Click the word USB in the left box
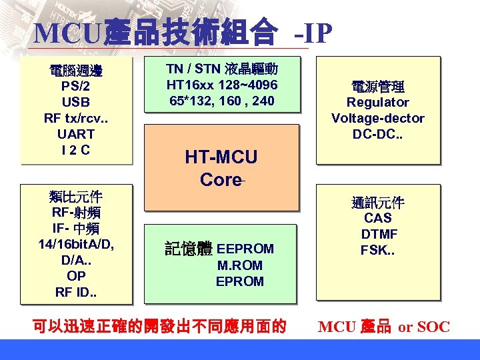click(76, 103)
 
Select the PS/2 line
click(76, 87)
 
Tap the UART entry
click(76, 135)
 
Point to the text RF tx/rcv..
click(76, 119)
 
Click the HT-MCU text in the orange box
click(221, 157)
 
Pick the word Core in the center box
click(219, 179)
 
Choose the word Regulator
click(378, 103)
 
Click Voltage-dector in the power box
click(378, 119)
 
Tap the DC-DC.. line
click(378, 135)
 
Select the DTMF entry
click(379, 235)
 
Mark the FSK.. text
click(379, 251)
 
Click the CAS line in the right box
click(378, 219)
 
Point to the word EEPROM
click(245, 249)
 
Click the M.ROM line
click(240, 265)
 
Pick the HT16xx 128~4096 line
click(222, 85)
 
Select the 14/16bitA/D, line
click(76, 244)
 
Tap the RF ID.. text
click(76, 291)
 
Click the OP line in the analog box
click(76, 275)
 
